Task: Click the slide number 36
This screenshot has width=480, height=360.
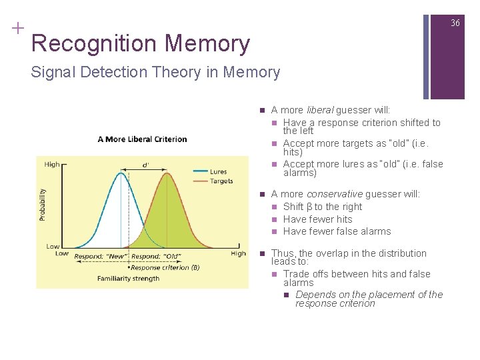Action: [455, 23]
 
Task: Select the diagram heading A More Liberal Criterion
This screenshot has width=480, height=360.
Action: [142, 139]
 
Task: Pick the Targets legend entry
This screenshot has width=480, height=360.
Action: [221, 181]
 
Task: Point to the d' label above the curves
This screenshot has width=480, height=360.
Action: [146, 165]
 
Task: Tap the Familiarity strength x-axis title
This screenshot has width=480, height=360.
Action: [128, 278]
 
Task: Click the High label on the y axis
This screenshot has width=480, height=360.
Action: [51, 165]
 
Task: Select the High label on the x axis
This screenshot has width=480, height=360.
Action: [238, 253]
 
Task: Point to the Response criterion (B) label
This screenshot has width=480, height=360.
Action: [166, 267]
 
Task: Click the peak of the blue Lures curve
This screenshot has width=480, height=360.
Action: [121, 173]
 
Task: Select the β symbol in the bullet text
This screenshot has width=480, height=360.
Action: [309, 207]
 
